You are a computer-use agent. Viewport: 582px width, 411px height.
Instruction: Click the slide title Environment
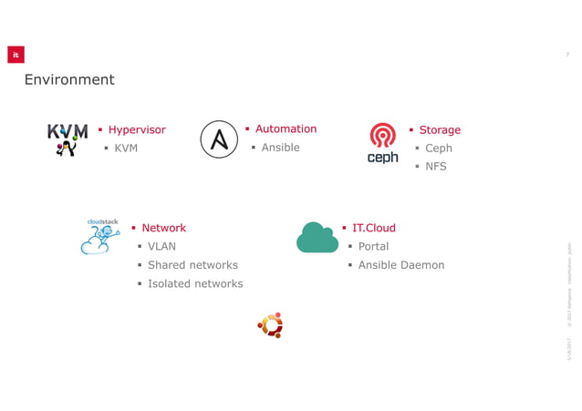pos(69,80)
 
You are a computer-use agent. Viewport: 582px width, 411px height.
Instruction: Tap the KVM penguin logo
pos(67,139)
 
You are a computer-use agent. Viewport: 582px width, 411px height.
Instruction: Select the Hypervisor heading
pos(137,129)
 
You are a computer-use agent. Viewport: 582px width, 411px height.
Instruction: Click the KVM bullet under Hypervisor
pos(126,148)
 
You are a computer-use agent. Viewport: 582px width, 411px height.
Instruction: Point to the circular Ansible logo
pos(219,139)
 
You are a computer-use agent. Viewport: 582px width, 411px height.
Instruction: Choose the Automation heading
pos(286,129)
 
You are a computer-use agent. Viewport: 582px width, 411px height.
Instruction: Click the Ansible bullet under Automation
pos(280,148)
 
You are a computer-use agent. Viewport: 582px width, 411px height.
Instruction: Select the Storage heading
pos(440,130)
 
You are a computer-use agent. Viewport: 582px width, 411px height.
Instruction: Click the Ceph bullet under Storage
pos(438,149)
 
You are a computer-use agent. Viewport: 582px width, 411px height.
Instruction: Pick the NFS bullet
pos(436,167)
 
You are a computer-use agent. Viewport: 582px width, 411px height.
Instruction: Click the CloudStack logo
pos(100,236)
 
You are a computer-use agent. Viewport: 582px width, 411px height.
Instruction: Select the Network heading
pos(163,228)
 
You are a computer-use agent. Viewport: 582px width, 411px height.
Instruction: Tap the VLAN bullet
pos(161,246)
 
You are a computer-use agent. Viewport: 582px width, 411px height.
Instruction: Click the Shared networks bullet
pos(192,265)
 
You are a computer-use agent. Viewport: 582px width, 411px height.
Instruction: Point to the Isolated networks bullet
pos(195,283)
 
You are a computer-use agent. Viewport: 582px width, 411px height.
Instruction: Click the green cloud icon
pos(317,238)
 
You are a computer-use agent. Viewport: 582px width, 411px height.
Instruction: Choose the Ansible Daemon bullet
pos(400,265)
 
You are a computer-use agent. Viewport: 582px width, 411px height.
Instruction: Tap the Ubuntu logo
pos(271,325)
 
